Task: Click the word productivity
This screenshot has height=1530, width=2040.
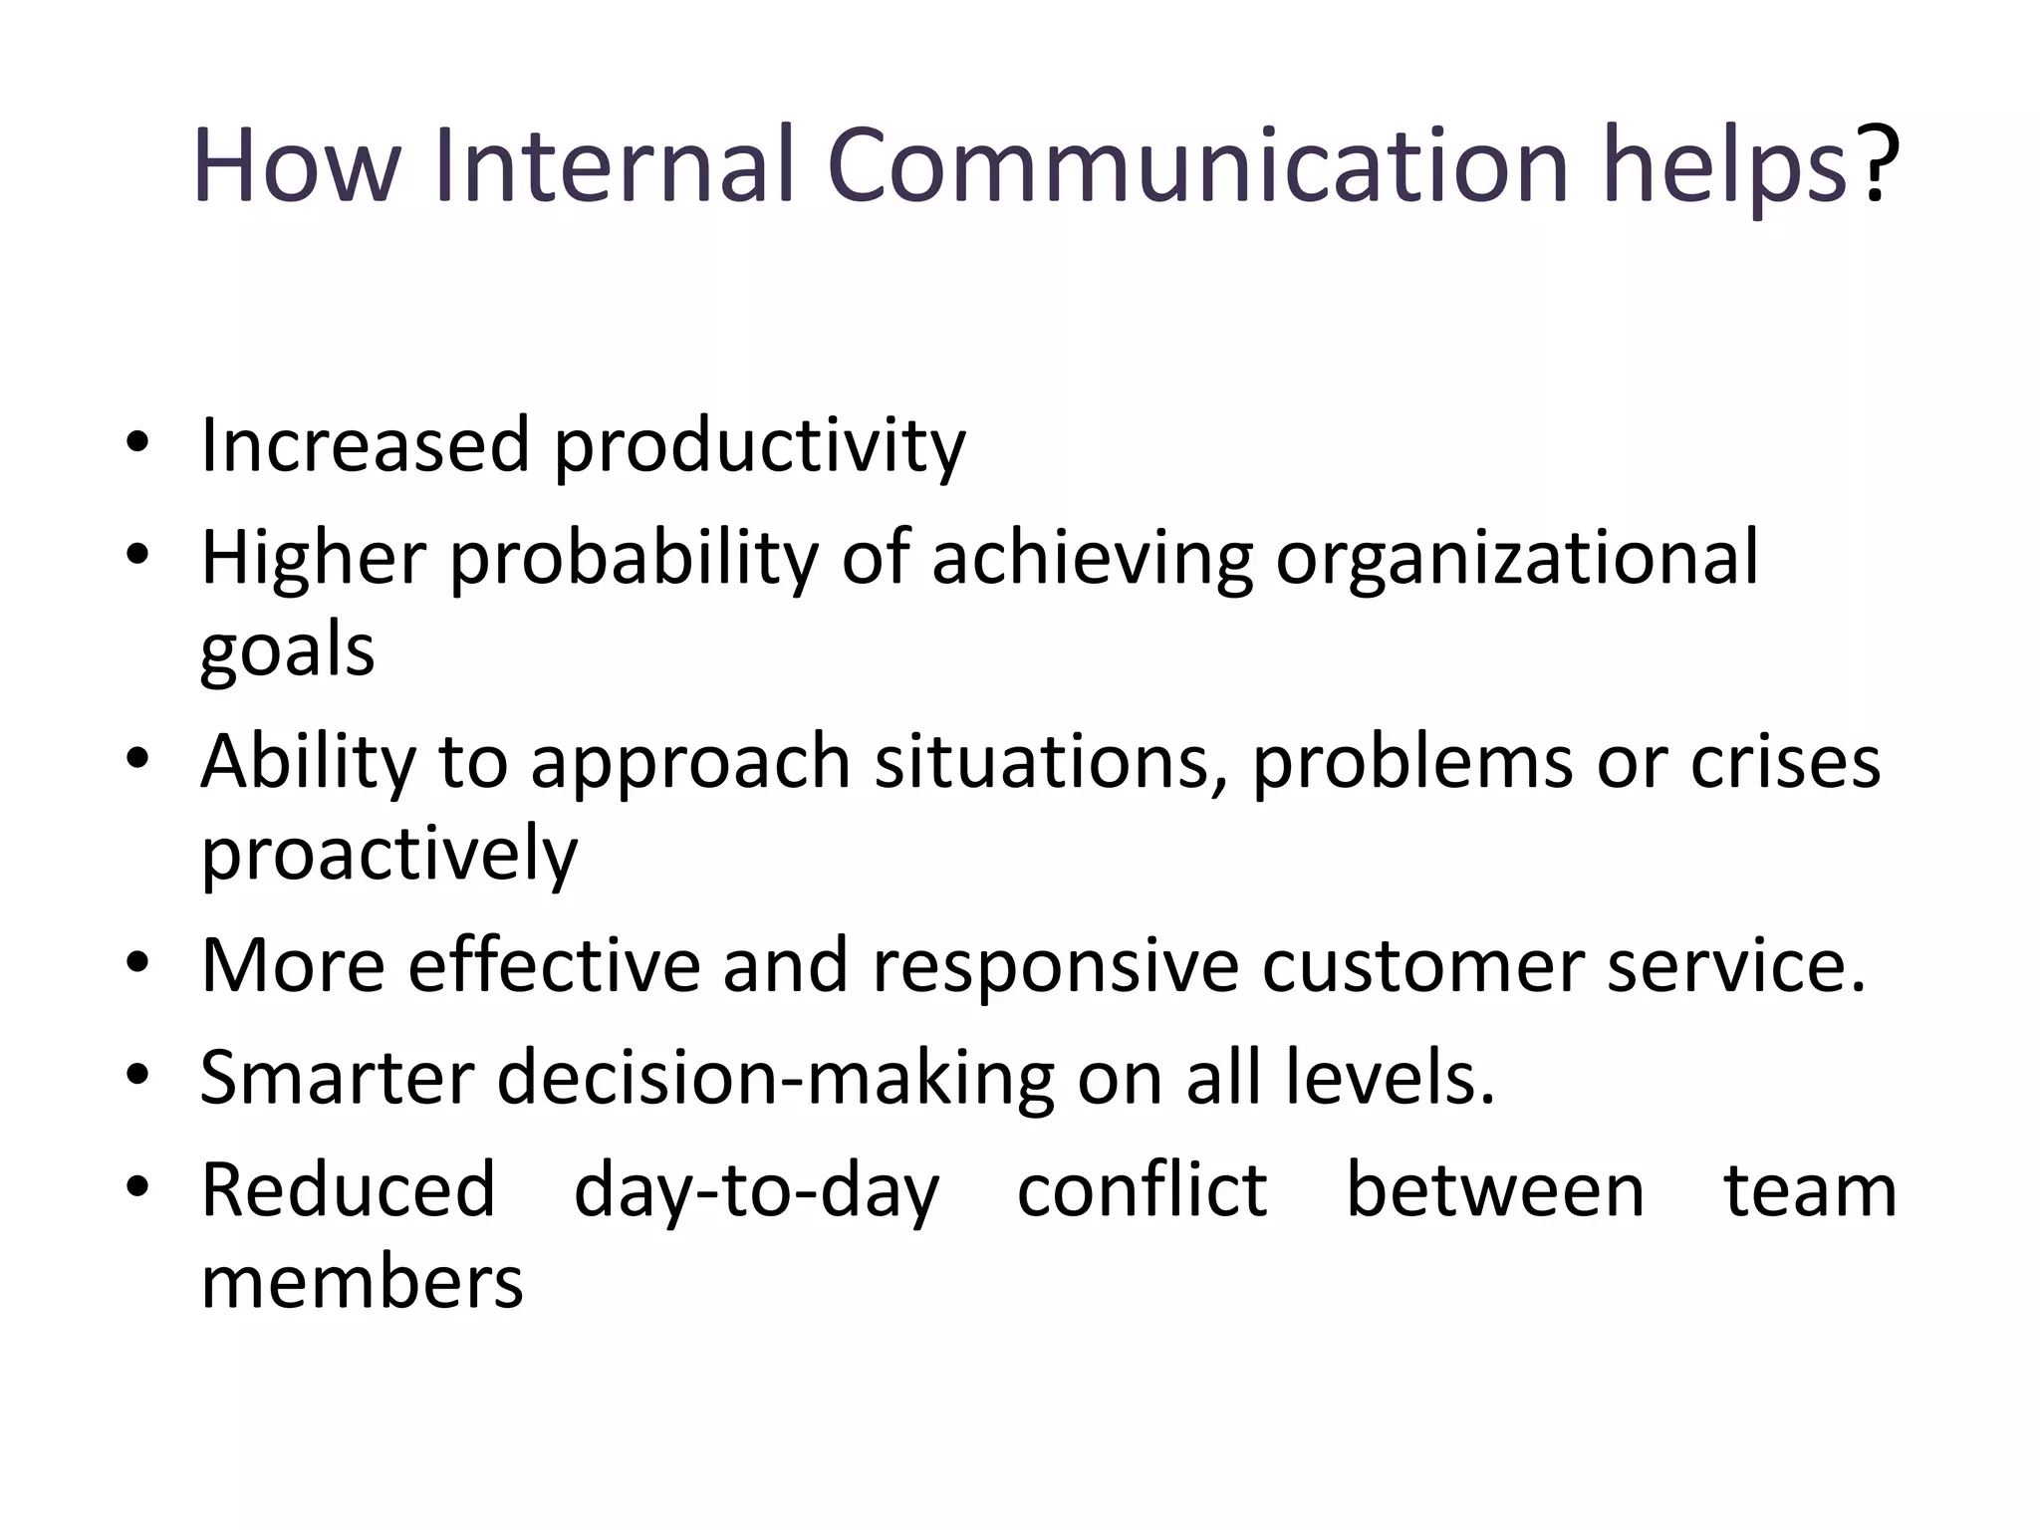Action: click(x=759, y=446)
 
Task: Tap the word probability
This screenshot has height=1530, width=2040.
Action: click(x=634, y=559)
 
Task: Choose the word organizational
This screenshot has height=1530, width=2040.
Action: click(x=1517, y=559)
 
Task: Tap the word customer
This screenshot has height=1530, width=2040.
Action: click(x=1422, y=966)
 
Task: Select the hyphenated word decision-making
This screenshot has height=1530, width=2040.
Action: click(x=775, y=1079)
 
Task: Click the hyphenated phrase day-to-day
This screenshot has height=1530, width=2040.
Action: click(x=756, y=1192)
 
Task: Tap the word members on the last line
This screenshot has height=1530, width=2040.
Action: click(x=362, y=1283)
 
